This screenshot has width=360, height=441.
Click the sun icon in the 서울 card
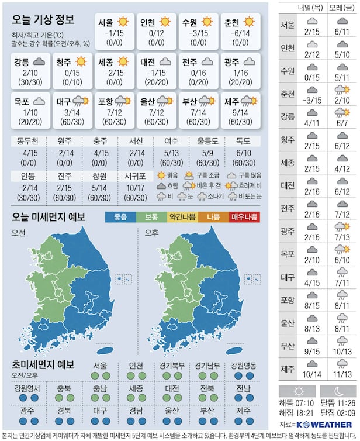pos(123,22)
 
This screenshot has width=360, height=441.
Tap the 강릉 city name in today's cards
pos(21,61)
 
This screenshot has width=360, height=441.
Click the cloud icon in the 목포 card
pos(40,101)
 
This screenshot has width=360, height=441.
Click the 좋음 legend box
pos(120,217)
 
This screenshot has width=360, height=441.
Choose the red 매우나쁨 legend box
pos(244,217)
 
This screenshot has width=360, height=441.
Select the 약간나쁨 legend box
pos(182,217)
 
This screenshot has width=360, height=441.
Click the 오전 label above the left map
pos(19,233)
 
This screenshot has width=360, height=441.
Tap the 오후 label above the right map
pos(152,233)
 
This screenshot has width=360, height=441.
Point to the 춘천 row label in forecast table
pos(288,94)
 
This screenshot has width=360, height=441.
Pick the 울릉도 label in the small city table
pos(207,141)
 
